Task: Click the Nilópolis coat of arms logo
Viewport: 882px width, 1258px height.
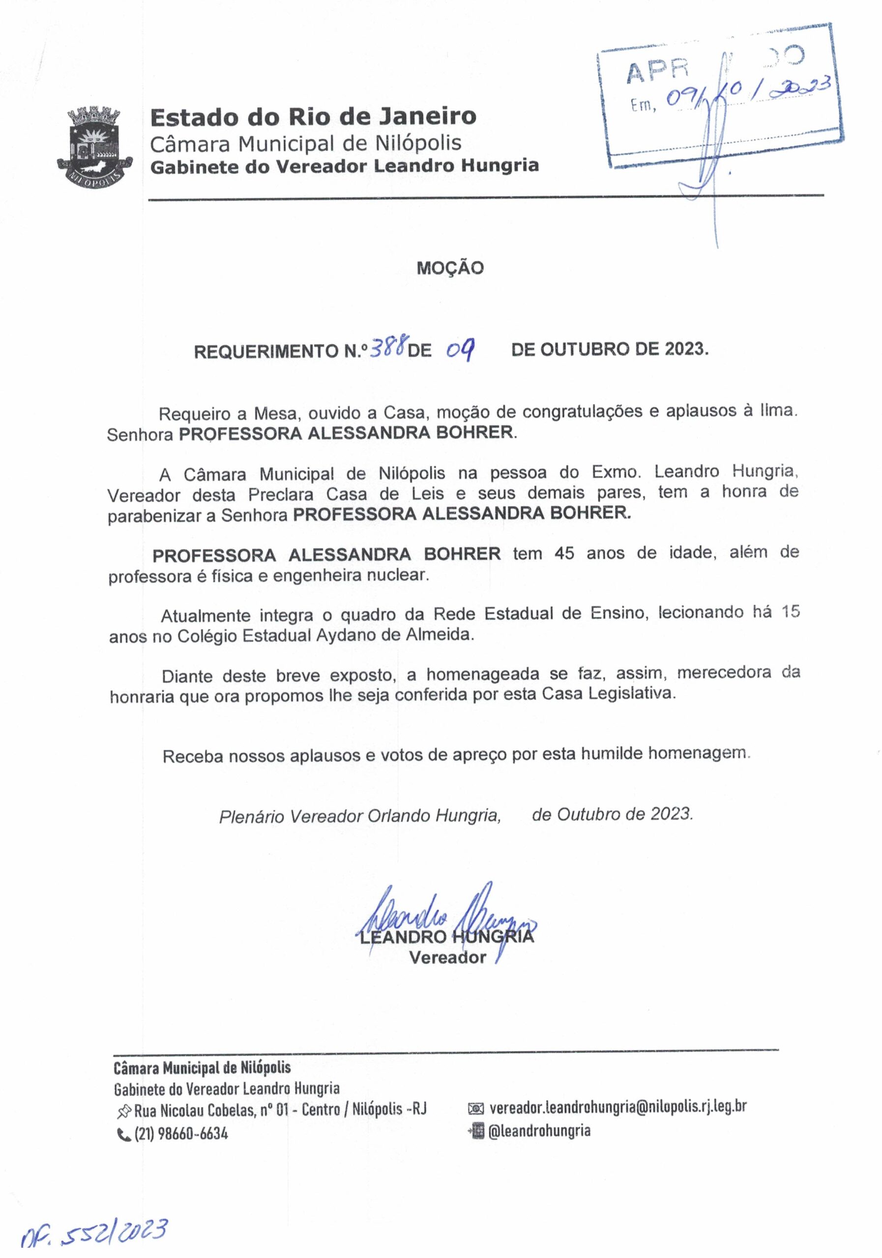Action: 95,147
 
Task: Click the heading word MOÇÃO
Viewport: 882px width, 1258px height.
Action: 450,268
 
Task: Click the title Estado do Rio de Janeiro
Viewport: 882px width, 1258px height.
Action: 313,116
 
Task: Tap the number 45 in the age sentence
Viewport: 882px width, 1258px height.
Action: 564,553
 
